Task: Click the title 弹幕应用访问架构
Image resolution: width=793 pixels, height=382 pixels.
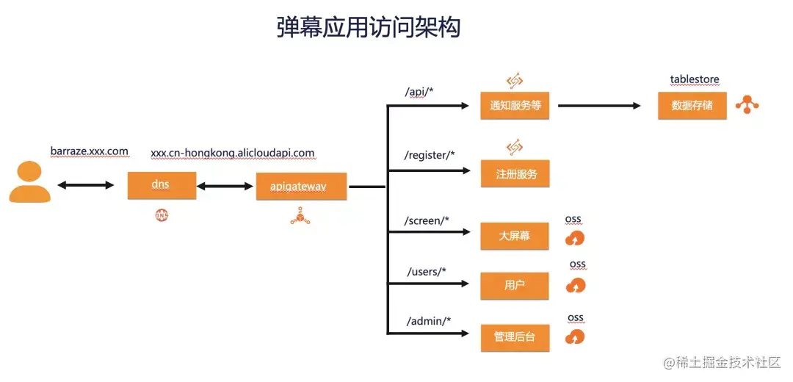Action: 369,27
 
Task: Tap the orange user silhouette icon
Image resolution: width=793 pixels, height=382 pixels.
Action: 30,183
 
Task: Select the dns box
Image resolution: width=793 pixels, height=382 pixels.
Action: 162,185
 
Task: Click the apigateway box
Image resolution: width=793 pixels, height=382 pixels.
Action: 301,187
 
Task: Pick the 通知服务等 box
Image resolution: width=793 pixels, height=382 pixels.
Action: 515,105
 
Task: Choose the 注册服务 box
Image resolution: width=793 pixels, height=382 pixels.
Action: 515,174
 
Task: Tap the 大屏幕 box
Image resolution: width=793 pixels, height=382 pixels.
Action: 515,236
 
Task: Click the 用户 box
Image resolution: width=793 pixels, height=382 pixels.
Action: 515,285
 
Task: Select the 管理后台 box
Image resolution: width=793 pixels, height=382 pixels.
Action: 515,336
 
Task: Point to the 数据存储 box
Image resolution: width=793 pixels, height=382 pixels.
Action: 692,105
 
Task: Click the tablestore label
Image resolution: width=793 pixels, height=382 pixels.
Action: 695,79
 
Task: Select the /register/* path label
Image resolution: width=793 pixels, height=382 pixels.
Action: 430,155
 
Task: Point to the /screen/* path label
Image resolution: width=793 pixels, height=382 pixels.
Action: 427,220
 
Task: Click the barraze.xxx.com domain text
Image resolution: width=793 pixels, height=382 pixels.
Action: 90,151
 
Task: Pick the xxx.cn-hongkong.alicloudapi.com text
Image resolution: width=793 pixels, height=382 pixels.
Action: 233,153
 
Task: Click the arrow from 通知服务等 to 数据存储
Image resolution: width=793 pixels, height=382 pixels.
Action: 599,106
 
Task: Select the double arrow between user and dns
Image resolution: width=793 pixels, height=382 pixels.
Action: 86,185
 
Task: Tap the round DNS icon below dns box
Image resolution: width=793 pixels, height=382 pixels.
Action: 161,215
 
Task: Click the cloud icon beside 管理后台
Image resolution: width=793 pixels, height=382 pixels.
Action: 576,337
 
